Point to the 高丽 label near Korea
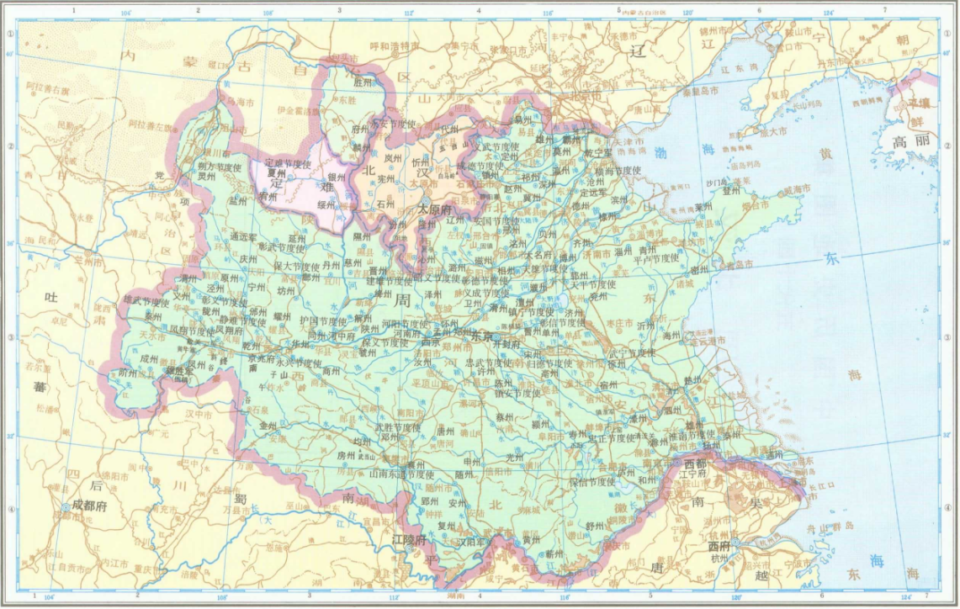912,140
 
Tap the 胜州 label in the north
362,82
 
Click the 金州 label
268,426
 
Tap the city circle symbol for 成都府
66,506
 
